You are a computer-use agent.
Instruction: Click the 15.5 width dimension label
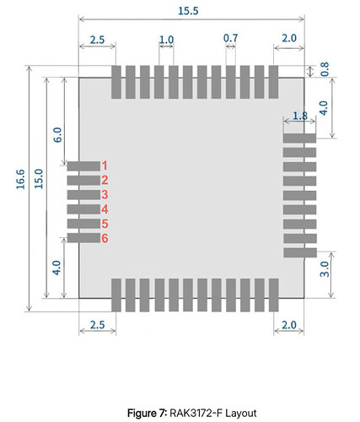[188, 11]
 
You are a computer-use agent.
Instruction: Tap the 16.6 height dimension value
[20, 179]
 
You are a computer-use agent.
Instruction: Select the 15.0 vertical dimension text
[39, 179]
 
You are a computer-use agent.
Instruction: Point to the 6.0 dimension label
[57, 135]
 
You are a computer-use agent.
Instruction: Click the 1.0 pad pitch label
[166, 40]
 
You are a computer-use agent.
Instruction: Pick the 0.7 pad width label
[230, 38]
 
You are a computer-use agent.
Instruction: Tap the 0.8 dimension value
[325, 69]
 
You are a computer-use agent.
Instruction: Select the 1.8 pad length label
[300, 116]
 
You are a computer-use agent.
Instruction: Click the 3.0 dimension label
[325, 269]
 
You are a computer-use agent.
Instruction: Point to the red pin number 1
[105, 165]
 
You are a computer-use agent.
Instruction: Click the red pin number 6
[105, 239]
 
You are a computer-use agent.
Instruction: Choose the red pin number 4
[105, 209]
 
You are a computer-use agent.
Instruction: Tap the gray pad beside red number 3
[83, 195]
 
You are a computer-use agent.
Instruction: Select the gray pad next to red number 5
[83, 224]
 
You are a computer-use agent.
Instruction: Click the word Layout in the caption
[241, 414]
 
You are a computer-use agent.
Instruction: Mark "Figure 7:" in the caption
[148, 414]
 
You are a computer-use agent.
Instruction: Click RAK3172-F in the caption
[196, 414]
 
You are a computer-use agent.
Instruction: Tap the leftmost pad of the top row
[116, 82]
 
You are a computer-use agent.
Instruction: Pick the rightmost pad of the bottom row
[274, 295]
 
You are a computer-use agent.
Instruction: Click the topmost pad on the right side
[299, 138]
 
